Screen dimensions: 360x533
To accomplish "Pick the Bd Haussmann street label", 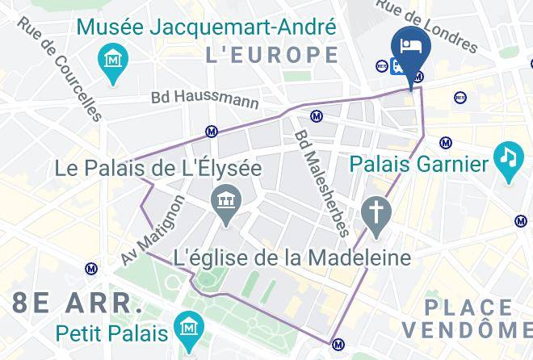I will click(205, 99).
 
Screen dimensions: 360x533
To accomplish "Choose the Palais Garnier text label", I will click(419, 165).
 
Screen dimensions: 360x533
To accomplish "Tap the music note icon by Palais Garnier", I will click(507, 156).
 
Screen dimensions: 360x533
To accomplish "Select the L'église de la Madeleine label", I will click(293, 258).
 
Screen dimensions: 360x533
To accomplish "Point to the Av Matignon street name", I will click(153, 228).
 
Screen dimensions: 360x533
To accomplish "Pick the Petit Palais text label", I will click(112, 332).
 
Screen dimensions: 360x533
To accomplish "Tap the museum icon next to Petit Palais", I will click(191, 328).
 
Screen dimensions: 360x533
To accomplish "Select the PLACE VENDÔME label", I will click(468, 318).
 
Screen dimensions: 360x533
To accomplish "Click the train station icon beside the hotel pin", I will click(397, 66).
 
